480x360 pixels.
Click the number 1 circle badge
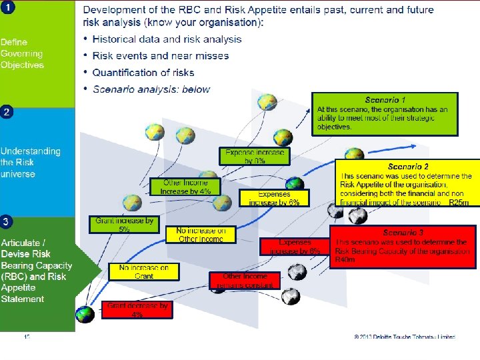pos(6,7)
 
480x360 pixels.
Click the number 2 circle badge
pos(6,112)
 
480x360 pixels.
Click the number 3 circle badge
pos(6,219)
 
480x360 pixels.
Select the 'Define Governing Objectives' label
pos(22,53)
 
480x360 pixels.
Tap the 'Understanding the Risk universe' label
pos(30,163)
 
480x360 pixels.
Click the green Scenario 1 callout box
pos(385,113)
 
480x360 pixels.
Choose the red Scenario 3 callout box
pos(403,246)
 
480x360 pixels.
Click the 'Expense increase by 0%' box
pos(255,157)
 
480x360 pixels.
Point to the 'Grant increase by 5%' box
pos(125,224)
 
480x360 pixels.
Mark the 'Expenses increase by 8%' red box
pos(295,247)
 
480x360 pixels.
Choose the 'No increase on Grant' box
pos(144,271)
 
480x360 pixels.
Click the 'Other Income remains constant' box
pos(245,280)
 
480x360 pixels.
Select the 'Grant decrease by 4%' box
pos(137,310)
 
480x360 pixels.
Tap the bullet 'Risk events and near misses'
pos(160,56)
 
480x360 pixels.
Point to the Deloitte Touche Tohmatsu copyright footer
pos(405,337)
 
